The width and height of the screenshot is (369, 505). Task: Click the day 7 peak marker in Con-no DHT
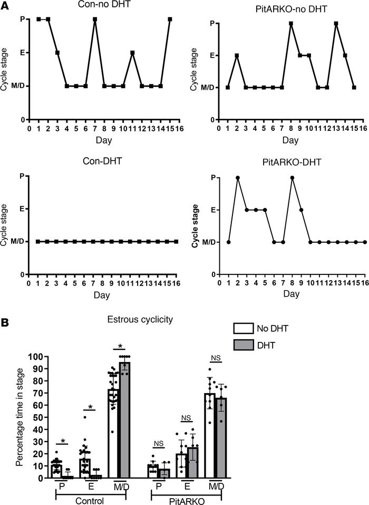(95, 20)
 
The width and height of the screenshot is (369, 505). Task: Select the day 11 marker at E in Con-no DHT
(132, 53)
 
